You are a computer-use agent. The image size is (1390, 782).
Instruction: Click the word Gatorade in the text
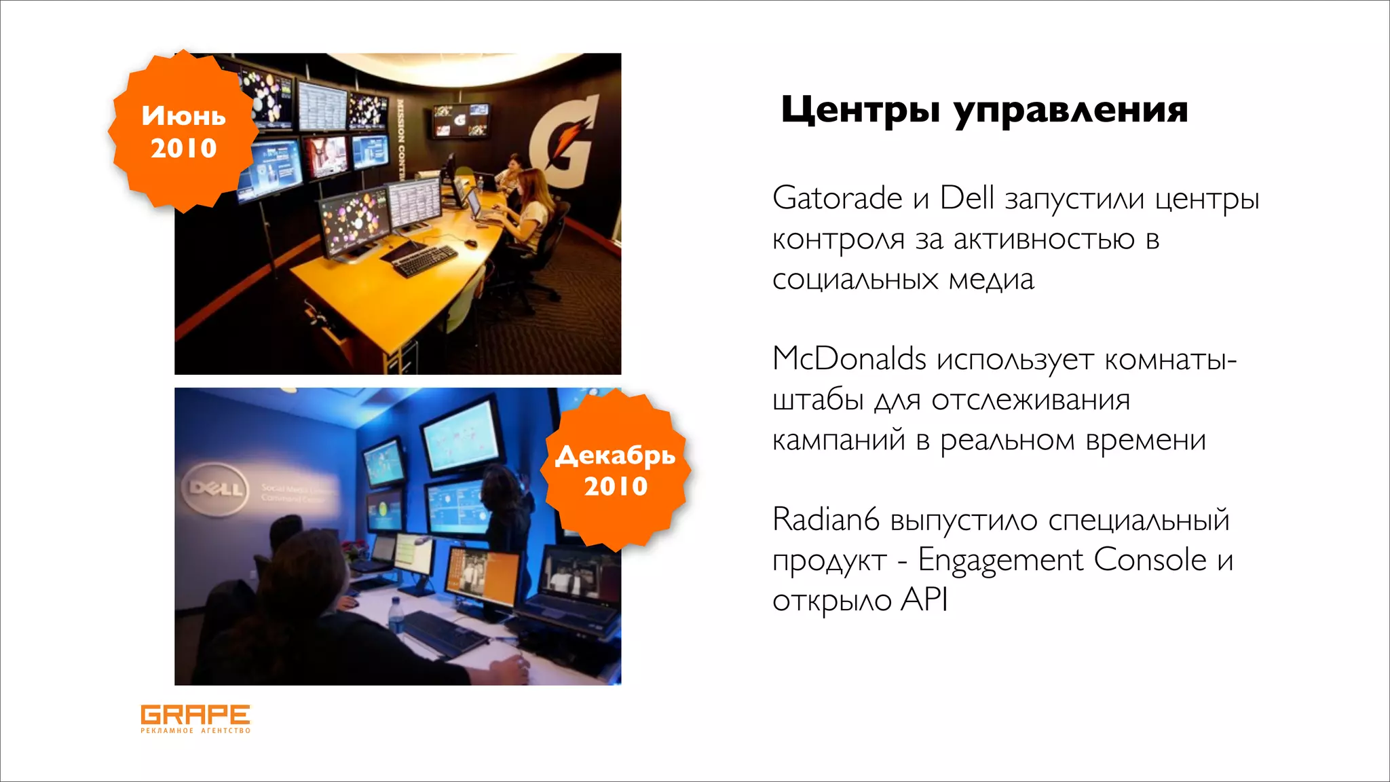pyautogui.click(x=837, y=198)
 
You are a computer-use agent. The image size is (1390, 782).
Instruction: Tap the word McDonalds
pyautogui.click(x=849, y=358)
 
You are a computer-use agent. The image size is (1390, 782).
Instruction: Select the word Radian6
pyautogui.click(x=825, y=520)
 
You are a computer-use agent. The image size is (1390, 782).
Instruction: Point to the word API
pyautogui.click(x=924, y=600)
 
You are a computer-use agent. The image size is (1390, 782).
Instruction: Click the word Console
pyautogui.click(x=1150, y=560)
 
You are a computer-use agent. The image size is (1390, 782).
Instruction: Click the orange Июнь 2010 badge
pyautogui.click(x=183, y=132)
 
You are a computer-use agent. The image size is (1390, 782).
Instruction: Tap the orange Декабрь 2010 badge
pyautogui.click(x=616, y=470)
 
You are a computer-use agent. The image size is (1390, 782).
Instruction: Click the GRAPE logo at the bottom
pyautogui.click(x=195, y=718)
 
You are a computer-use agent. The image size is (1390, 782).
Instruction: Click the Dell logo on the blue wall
pyautogui.click(x=215, y=488)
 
